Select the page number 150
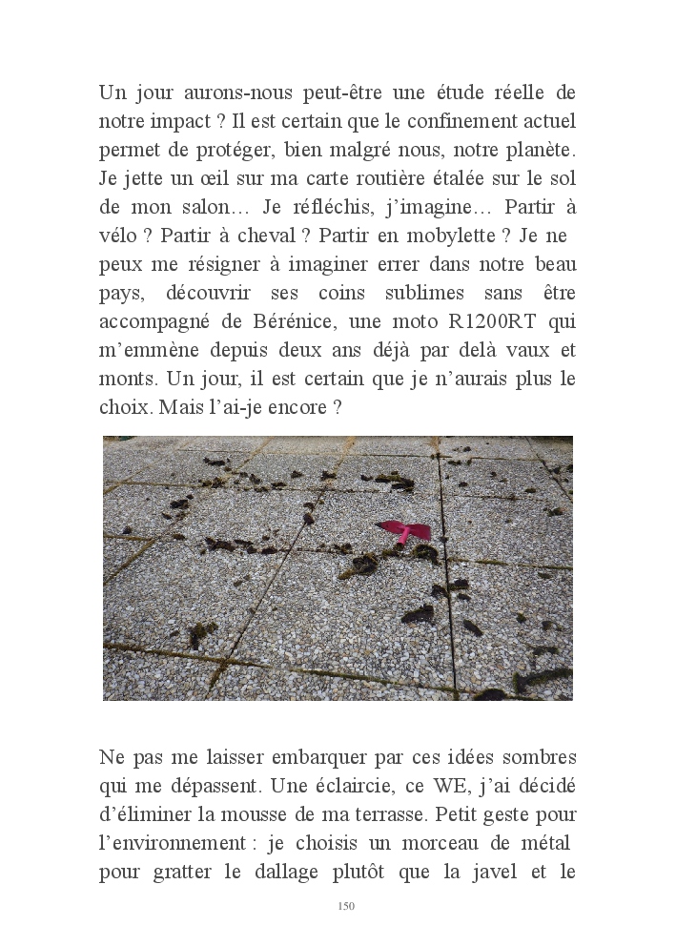pos(346,905)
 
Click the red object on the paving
pos(406,532)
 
